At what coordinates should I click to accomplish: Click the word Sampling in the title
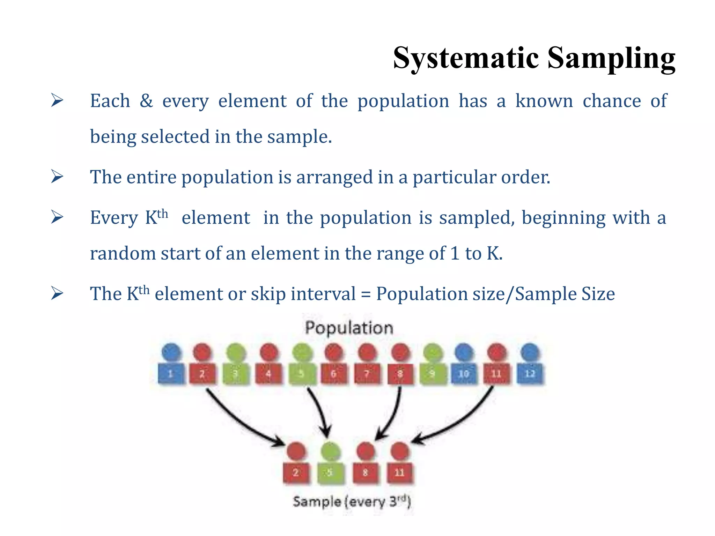tap(611, 58)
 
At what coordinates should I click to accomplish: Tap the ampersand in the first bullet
tap(146, 101)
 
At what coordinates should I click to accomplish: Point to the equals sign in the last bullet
tap(366, 294)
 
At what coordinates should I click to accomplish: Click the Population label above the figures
tap(349, 328)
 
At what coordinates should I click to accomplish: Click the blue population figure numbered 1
tap(171, 365)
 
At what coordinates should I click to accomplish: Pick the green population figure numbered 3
tap(236, 365)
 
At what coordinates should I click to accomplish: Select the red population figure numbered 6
tap(334, 365)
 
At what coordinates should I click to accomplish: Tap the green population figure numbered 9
tap(433, 365)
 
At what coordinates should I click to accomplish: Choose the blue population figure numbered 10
tap(464, 365)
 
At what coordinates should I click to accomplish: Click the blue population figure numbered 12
tap(530, 365)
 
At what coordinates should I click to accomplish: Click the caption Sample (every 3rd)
tap(352, 502)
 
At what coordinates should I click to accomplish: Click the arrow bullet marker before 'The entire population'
tap(57, 177)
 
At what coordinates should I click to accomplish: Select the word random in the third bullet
tap(123, 254)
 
